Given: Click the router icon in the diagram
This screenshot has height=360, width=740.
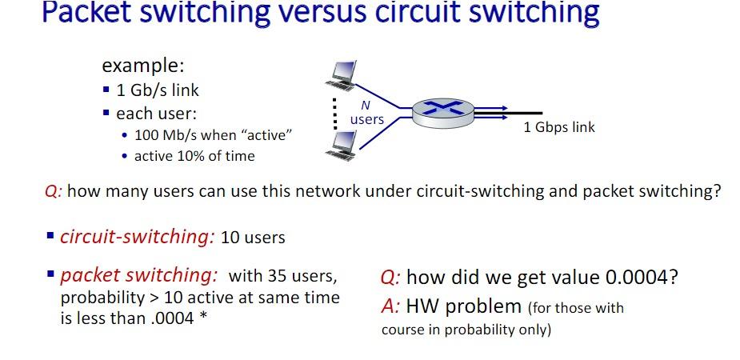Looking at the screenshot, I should click(440, 112).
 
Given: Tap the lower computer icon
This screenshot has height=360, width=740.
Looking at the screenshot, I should click(345, 145).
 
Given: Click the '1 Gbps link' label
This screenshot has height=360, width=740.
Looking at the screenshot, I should click(559, 127).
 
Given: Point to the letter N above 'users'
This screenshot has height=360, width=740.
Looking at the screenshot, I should click(366, 105).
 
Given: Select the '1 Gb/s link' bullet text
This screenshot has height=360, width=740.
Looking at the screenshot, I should click(158, 90).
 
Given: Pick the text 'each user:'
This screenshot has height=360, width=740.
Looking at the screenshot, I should click(156, 113).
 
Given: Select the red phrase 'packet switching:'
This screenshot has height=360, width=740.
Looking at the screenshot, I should click(139, 276).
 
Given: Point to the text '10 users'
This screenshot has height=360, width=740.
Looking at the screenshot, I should click(253, 238).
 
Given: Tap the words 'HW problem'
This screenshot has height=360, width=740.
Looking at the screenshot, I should click(463, 306).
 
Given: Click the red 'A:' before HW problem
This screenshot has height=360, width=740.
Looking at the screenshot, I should click(390, 306).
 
